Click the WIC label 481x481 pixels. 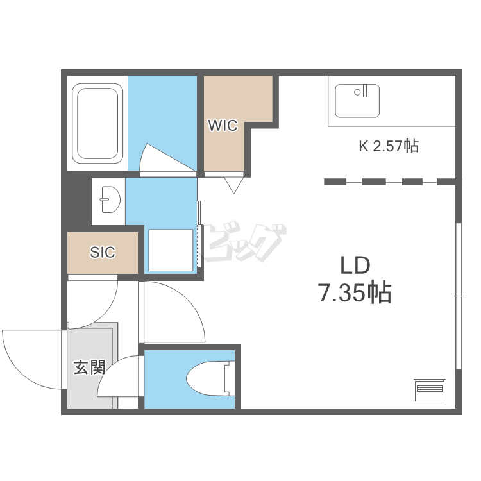click(223, 125)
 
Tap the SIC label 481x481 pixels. click(103, 252)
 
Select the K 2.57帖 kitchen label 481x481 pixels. click(389, 146)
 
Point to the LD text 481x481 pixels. click(355, 266)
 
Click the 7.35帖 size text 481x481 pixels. click(355, 292)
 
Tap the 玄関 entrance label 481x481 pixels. click(89, 367)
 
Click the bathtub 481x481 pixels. click(97, 123)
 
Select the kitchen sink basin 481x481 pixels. click(357, 101)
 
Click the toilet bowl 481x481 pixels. click(206, 379)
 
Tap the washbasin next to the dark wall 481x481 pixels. click(110, 199)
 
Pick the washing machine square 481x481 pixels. click(171, 250)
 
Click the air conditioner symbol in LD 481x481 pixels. click(430, 390)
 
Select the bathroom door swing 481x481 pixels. click(168, 158)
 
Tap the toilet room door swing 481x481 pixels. click(121, 376)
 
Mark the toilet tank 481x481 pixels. click(230, 379)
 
